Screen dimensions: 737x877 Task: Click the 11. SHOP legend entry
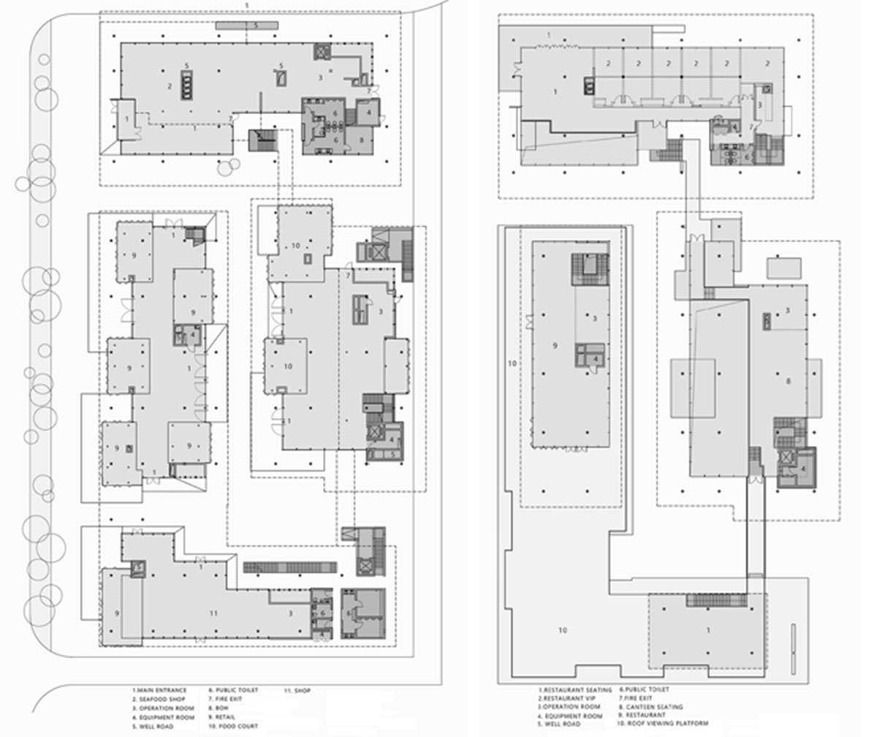(x=297, y=690)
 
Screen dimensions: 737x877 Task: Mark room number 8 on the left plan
(x=361, y=137)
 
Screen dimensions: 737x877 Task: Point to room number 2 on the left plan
(x=170, y=86)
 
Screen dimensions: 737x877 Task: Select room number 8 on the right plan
(x=788, y=381)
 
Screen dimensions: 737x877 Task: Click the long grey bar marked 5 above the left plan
(x=247, y=26)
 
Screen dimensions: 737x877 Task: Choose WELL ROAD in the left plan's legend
(x=155, y=726)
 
